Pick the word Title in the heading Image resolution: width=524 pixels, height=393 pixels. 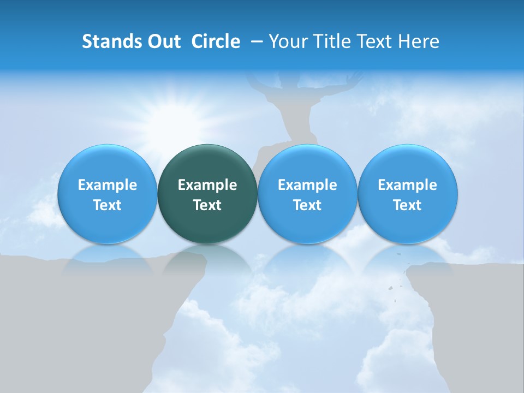(x=330, y=41)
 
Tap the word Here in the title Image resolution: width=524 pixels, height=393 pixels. (x=420, y=41)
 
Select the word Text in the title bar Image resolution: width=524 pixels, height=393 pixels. (x=375, y=41)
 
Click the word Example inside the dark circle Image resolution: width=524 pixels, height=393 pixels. (x=207, y=185)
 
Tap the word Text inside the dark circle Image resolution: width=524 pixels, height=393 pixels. (x=207, y=205)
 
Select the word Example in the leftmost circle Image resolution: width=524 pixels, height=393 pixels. (x=108, y=185)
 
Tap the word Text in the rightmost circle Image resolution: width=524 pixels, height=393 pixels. (x=408, y=205)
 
